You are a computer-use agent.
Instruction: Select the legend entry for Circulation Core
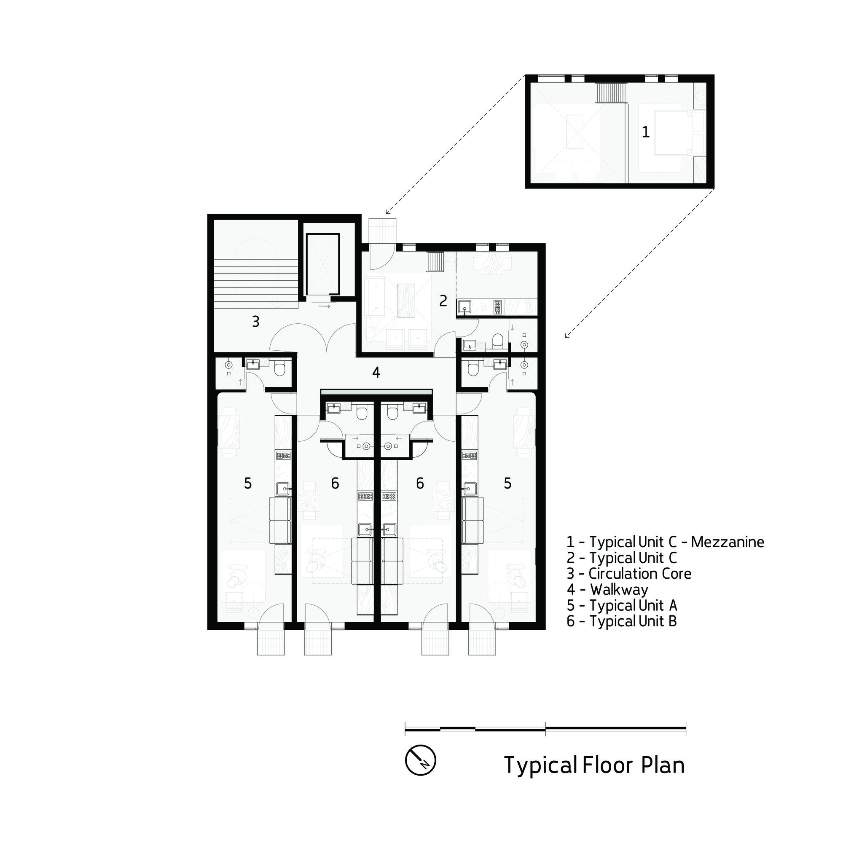pyautogui.click(x=629, y=573)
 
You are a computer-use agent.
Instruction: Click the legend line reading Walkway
pyautogui.click(x=607, y=590)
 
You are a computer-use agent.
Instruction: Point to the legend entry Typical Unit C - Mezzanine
pyautogui.click(x=666, y=542)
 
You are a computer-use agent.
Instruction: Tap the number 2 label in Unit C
pyautogui.click(x=443, y=301)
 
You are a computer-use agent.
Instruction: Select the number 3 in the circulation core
pyautogui.click(x=256, y=322)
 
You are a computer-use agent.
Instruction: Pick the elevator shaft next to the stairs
pyautogui.click(x=323, y=264)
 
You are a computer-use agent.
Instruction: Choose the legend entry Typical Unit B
pyautogui.click(x=622, y=621)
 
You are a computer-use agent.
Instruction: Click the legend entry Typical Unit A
pyautogui.click(x=622, y=605)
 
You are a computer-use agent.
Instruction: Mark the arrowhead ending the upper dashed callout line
pyautogui.click(x=387, y=212)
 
